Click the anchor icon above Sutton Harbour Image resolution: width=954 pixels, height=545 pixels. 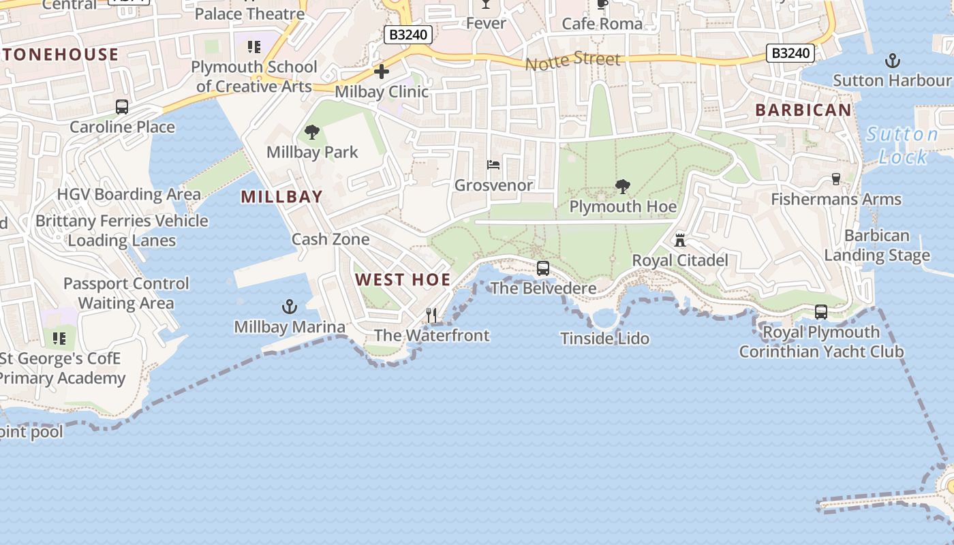click(x=892, y=61)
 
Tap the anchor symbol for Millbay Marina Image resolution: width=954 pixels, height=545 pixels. click(x=290, y=307)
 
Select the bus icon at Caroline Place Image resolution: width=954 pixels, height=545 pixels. click(x=122, y=107)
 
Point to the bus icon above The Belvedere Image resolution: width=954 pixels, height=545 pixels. click(x=542, y=268)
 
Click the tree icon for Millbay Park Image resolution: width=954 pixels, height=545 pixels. click(x=312, y=132)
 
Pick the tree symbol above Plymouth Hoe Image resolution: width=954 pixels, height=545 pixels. click(x=622, y=186)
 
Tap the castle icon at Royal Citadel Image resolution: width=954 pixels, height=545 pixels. click(x=679, y=240)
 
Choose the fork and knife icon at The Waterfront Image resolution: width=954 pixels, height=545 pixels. click(x=431, y=315)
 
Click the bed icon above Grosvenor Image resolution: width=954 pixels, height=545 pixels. click(x=493, y=165)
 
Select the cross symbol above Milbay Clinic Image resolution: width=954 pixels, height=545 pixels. click(x=382, y=71)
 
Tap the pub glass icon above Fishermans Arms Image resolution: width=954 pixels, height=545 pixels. click(x=836, y=179)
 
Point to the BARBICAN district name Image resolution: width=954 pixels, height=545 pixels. click(x=803, y=110)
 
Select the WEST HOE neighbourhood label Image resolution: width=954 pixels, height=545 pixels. click(x=403, y=279)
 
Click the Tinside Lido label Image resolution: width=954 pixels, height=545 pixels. click(x=604, y=339)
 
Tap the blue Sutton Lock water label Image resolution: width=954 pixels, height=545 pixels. click(x=902, y=146)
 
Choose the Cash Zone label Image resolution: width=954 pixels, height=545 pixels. click(x=330, y=239)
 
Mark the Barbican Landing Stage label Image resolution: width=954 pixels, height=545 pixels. click(x=877, y=246)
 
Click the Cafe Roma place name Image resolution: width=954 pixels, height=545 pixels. click(x=602, y=24)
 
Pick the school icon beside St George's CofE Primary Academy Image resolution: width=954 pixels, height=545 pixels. click(x=59, y=338)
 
